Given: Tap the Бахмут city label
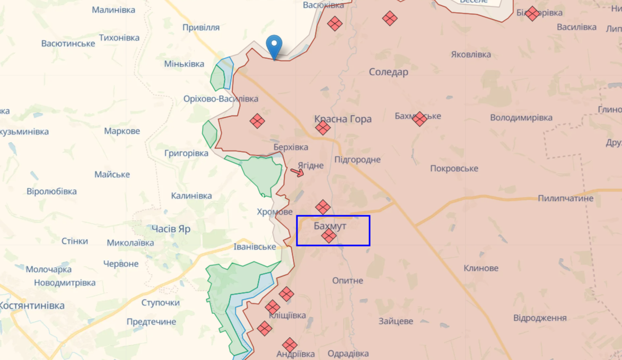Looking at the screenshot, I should [330, 226].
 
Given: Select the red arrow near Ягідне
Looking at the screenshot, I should [297, 172].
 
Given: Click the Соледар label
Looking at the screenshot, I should [389, 72].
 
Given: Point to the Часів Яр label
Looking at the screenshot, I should [171, 229].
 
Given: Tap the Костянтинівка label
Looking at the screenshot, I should [32, 305].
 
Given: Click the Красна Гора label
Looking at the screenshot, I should [343, 119].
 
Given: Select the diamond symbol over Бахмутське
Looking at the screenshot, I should [419, 119].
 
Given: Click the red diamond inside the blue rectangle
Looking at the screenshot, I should [329, 236].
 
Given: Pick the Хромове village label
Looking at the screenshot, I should [275, 212].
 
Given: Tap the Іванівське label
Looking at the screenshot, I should [255, 247].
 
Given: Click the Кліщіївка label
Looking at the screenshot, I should [287, 315].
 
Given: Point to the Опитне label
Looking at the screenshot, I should [347, 280].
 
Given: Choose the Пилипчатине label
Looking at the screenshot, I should [565, 198].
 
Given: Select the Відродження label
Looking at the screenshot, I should [540, 318].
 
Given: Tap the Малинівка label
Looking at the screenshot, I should [113, 10].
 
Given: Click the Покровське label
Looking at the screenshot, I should [454, 169].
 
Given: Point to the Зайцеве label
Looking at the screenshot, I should [396, 321].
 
